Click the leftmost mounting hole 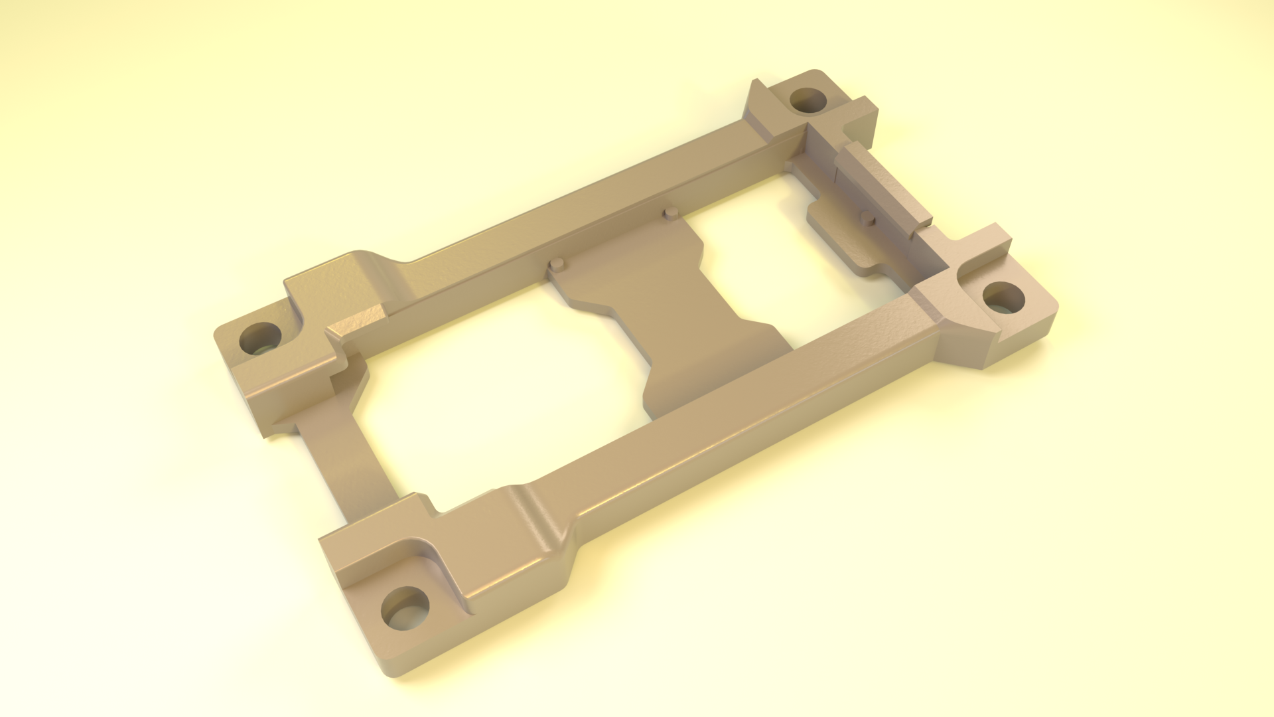click(260, 339)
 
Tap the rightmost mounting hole click(1003, 297)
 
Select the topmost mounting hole click(808, 101)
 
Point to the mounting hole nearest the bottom click(405, 608)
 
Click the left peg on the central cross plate click(557, 264)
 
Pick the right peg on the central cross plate click(670, 212)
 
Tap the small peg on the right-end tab click(867, 217)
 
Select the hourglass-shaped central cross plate click(670, 312)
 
